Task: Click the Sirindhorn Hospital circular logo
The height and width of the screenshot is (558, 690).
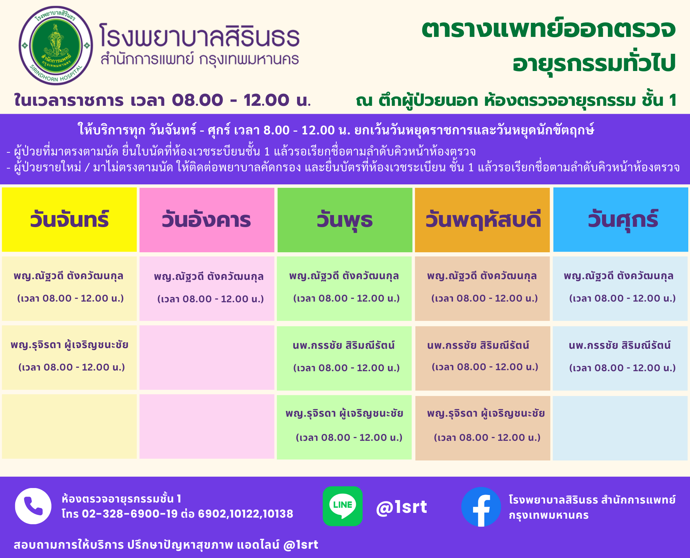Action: point(56,45)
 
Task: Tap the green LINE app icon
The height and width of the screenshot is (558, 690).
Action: point(343,506)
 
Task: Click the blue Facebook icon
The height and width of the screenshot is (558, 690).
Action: point(481,507)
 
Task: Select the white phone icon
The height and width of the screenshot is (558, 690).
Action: point(33,506)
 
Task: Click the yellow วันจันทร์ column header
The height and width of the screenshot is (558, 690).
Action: point(69,220)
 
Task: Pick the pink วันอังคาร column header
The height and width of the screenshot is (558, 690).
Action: point(207,220)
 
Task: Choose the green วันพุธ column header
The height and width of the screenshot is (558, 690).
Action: point(345,220)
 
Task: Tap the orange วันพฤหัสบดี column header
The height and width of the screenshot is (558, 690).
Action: point(482,220)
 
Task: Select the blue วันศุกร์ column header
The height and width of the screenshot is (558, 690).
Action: point(621,220)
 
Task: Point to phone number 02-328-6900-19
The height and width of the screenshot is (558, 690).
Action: point(130,514)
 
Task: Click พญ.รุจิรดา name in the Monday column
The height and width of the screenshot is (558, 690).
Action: point(69,345)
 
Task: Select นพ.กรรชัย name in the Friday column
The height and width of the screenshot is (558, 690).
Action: point(620,345)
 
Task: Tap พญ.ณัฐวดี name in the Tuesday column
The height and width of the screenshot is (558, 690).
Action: point(209,276)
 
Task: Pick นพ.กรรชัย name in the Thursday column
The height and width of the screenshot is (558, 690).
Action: point(478,345)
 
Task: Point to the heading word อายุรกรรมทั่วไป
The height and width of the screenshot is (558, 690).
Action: point(594,63)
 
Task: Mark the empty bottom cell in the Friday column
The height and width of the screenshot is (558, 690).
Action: point(620,428)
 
